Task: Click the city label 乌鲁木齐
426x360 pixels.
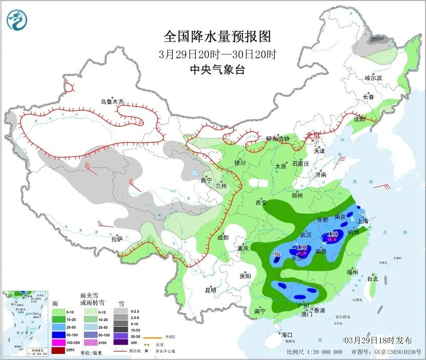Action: [x=112, y=102]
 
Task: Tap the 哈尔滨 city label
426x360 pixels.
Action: [x=373, y=78]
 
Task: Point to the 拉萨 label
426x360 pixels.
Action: [x=117, y=238]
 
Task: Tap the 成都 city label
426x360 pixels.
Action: [x=222, y=237]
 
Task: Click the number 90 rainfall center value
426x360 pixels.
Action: [x=276, y=255]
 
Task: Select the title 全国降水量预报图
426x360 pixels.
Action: [x=217, y=37]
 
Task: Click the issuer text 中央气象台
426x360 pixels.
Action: [x=217, y=70]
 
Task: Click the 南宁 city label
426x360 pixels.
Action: [x=260, y=311]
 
